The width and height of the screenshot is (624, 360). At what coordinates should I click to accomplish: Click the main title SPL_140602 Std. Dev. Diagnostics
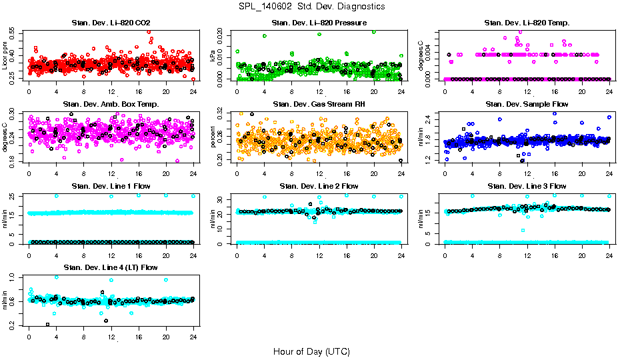[311, 7]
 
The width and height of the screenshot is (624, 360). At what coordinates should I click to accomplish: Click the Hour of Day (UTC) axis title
[311, 351]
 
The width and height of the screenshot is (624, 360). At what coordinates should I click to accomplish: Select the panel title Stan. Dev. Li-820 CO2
[111, 23]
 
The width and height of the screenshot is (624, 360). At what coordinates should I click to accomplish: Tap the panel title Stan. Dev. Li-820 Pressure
[319, 23]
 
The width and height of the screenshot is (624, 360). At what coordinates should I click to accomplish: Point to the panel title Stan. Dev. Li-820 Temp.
[527, 23]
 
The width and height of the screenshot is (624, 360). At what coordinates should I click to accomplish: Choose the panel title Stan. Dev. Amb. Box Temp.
[111, 105]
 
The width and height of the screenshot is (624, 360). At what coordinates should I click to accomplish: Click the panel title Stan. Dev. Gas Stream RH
[319, 105]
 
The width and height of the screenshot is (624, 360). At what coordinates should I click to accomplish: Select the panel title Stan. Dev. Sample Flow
[527, 105]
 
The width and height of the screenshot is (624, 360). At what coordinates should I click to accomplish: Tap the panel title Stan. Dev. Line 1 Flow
[111, 186]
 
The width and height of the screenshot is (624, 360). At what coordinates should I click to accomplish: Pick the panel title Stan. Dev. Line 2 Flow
[319, 186]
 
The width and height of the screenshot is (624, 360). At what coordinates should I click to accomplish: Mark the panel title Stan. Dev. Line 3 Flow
[527, 186]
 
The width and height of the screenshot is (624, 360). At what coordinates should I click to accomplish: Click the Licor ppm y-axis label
[5, 55]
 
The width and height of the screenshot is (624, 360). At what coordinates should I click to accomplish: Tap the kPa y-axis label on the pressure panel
[213, 55]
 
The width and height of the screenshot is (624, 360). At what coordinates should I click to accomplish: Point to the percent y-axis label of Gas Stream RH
[213, 137]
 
